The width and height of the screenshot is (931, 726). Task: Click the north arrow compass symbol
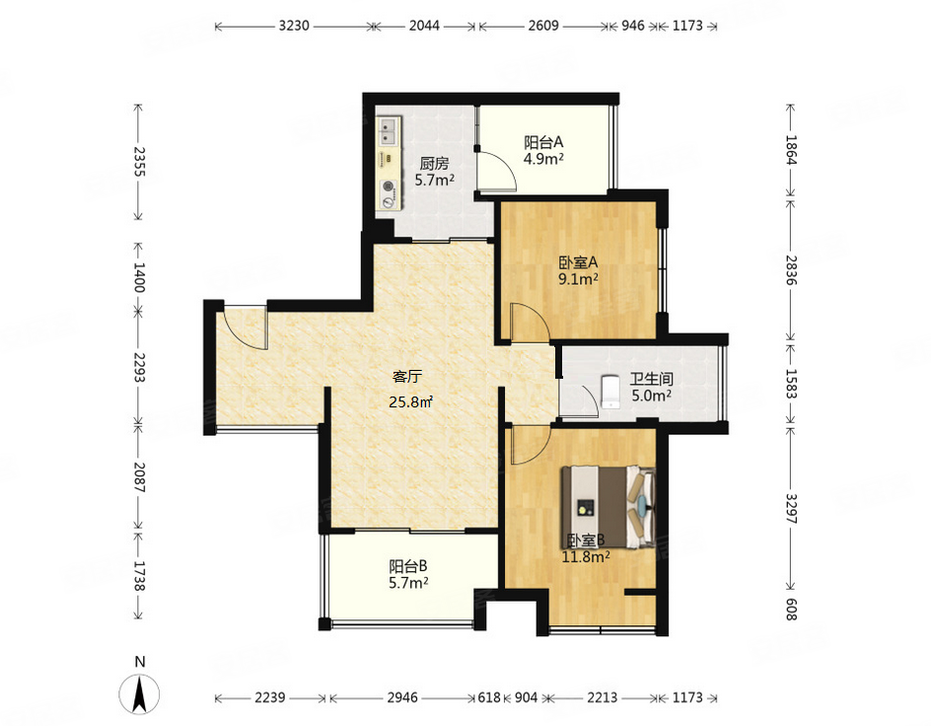point(139,694)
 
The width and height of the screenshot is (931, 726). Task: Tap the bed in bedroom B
point(609,507)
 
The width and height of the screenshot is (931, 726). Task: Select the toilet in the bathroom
point(609,392)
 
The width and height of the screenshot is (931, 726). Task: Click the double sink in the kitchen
point(389,131)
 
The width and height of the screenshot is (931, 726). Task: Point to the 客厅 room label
point(407,377)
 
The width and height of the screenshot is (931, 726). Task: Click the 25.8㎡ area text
point(411,401)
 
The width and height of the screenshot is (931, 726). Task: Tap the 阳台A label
point(543,142)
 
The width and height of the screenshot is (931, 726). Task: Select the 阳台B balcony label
point(408,566)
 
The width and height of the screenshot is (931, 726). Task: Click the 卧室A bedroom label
point(578,261)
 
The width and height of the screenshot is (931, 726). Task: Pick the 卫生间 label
point(651,378)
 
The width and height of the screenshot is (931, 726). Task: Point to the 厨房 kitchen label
point(434,163)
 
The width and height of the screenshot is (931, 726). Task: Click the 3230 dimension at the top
point(294,26)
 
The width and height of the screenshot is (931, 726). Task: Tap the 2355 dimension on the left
point(138,162)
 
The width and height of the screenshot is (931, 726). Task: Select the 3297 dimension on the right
point(791,508)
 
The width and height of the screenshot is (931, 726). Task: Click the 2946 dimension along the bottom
point(402,697)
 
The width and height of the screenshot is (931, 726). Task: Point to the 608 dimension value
point(791,609)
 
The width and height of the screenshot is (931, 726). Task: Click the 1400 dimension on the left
point(138,277)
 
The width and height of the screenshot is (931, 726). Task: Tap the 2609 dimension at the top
point(543,26)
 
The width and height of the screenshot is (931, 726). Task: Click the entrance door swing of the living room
point(246,328)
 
